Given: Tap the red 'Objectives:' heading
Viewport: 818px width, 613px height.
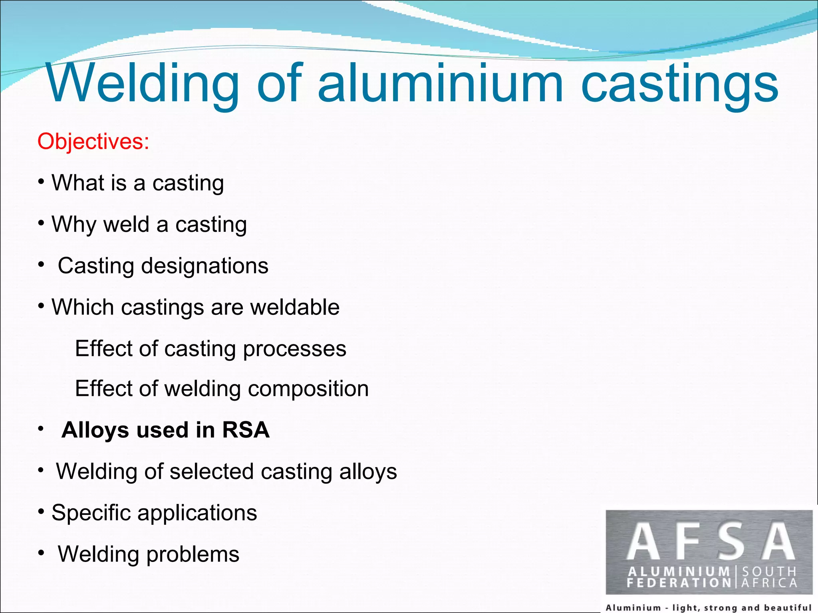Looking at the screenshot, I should tap(93, 141).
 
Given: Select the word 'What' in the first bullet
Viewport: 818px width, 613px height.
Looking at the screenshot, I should tap(78, 183).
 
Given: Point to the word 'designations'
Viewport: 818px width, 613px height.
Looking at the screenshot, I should tap(204, 266).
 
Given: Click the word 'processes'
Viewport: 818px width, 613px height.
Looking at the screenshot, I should tap(294, 349).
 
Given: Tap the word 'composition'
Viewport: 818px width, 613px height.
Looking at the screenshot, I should tap(308, 389).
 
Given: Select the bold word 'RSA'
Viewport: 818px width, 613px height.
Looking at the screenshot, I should tap(246, 430).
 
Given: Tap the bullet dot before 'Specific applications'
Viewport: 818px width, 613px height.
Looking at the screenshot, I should tap(41, 511).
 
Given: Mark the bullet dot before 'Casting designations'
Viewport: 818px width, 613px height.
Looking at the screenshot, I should tap(41, 264).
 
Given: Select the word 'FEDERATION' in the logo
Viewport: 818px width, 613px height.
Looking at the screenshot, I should tap(679, 583).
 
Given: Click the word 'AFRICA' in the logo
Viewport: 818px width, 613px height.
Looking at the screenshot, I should tap(769, 583).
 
